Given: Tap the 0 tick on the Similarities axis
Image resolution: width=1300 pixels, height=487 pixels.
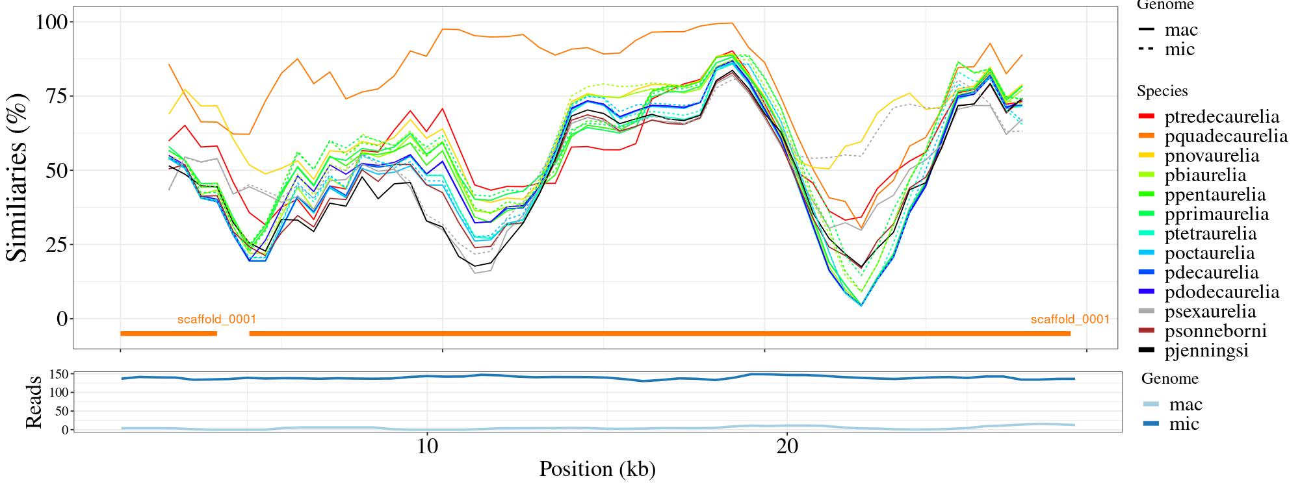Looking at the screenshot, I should tap(62, 319).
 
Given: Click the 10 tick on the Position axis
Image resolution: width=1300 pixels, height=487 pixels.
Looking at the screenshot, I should tap(427, 448).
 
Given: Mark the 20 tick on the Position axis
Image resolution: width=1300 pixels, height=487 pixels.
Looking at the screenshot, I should tap(787, 448).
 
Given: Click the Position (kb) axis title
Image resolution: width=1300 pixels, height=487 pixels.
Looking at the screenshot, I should tap(597, 469).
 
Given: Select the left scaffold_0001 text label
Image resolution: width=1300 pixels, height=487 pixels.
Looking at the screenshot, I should tap(216, 319).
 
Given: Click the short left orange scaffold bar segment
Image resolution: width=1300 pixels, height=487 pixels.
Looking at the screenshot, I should tap(168, 334).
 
